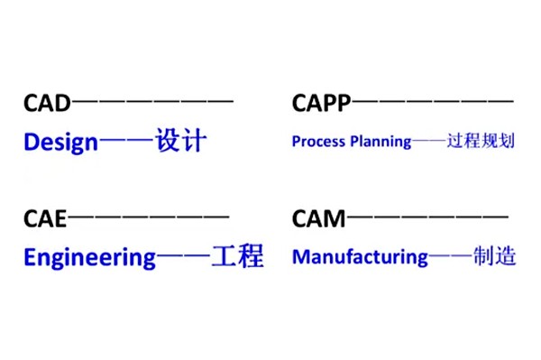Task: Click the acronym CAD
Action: click(46, 103)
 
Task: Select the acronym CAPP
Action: click(319, 103)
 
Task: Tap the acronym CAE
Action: click(45, 217)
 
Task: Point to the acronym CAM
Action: click(319, 217)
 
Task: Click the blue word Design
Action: click(60, 143)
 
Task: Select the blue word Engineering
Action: click(90, 257)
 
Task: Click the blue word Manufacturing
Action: click(360, 257)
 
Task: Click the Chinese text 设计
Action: click(181, 142)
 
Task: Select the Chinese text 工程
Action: click(236, 256)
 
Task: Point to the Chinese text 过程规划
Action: click(481, 142)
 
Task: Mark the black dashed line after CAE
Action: click(149, 217)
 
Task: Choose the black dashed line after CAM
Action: click(428, 217)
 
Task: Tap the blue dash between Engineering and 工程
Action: click(182, 257)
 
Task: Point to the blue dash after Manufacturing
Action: click(450, 257)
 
